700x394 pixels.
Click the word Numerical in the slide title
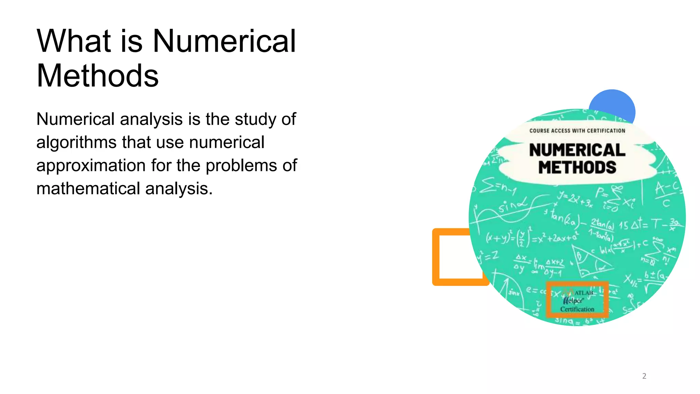click(x=224, y=41)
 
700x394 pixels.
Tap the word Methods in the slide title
click(x=97, y=76)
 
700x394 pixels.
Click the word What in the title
click(x=73, y=41)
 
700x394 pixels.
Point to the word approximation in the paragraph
click(x=91, y=166)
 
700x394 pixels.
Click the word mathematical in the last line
click(x=88, y=188)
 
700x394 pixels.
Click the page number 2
click(x=644, y=376)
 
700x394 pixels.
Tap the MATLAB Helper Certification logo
click(x=577, y=300)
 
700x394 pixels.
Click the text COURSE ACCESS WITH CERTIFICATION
click(x=577, y=131)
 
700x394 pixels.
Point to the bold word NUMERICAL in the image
click(x=577, y=150)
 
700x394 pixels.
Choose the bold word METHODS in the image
click(x=577, y=168)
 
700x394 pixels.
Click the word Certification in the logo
click(x=577, y=309)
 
